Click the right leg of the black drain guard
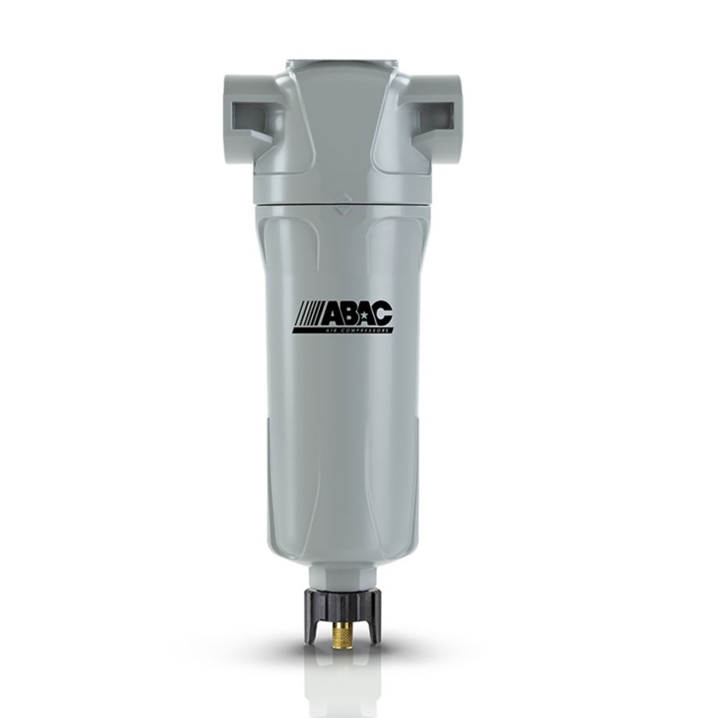pos(375,626)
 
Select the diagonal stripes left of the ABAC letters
pos(306,316)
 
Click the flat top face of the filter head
pos(343,63)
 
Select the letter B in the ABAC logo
pos(347,315)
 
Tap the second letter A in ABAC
pos(365,315)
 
